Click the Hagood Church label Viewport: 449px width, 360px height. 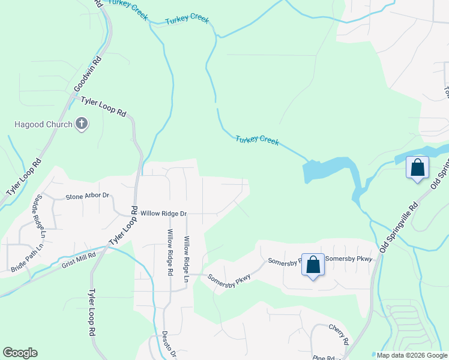(41, 125)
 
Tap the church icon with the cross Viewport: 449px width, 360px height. (82, 125)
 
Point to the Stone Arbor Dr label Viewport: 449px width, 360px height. (87, 196)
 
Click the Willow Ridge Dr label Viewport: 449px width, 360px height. (163, 213)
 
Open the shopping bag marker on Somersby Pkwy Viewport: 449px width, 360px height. (313, 265)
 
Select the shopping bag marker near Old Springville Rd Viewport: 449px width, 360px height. (417, 167)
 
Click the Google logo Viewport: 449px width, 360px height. (20, 353)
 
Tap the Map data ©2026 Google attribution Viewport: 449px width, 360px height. (411, 355)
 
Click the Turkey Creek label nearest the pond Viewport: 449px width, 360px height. (257, 140)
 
